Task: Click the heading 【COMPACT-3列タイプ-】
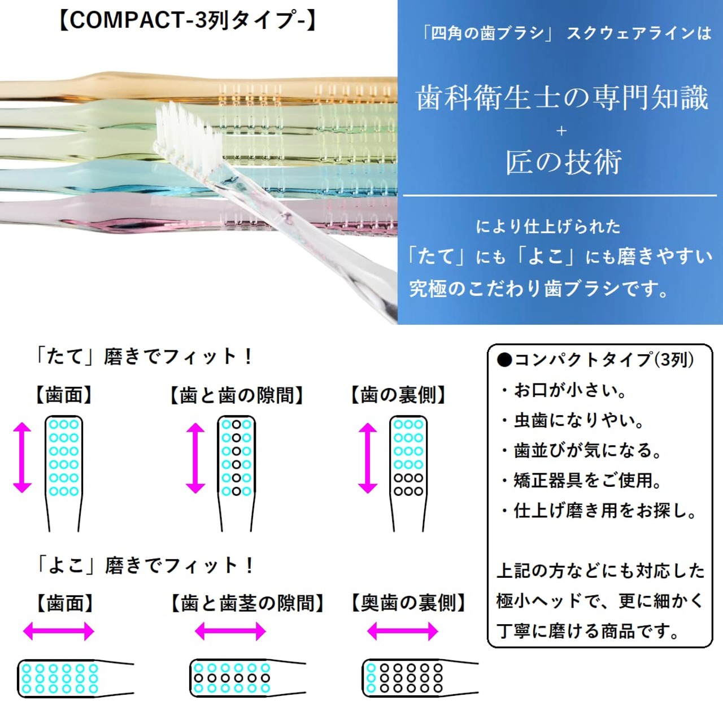point(187,20)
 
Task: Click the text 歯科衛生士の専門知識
point(561,98)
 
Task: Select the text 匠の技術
point(563,162)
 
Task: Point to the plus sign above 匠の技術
point(561,131)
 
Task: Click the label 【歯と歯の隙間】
point(237,395)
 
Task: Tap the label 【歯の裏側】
point(398,395)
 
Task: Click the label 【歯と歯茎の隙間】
point(247,603)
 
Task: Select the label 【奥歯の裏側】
point(408,603)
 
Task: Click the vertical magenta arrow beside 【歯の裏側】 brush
point(368,458)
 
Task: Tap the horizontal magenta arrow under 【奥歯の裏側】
point(402,631)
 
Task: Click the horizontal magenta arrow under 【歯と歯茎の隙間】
point(230,631)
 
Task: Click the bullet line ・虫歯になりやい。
point(573,420)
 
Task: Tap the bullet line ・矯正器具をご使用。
point(581,481)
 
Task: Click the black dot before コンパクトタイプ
point(504,360)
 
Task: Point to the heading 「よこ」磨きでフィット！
point(145,565)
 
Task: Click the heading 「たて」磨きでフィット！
point(144,356)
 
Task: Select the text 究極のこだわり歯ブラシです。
point(539,289)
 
